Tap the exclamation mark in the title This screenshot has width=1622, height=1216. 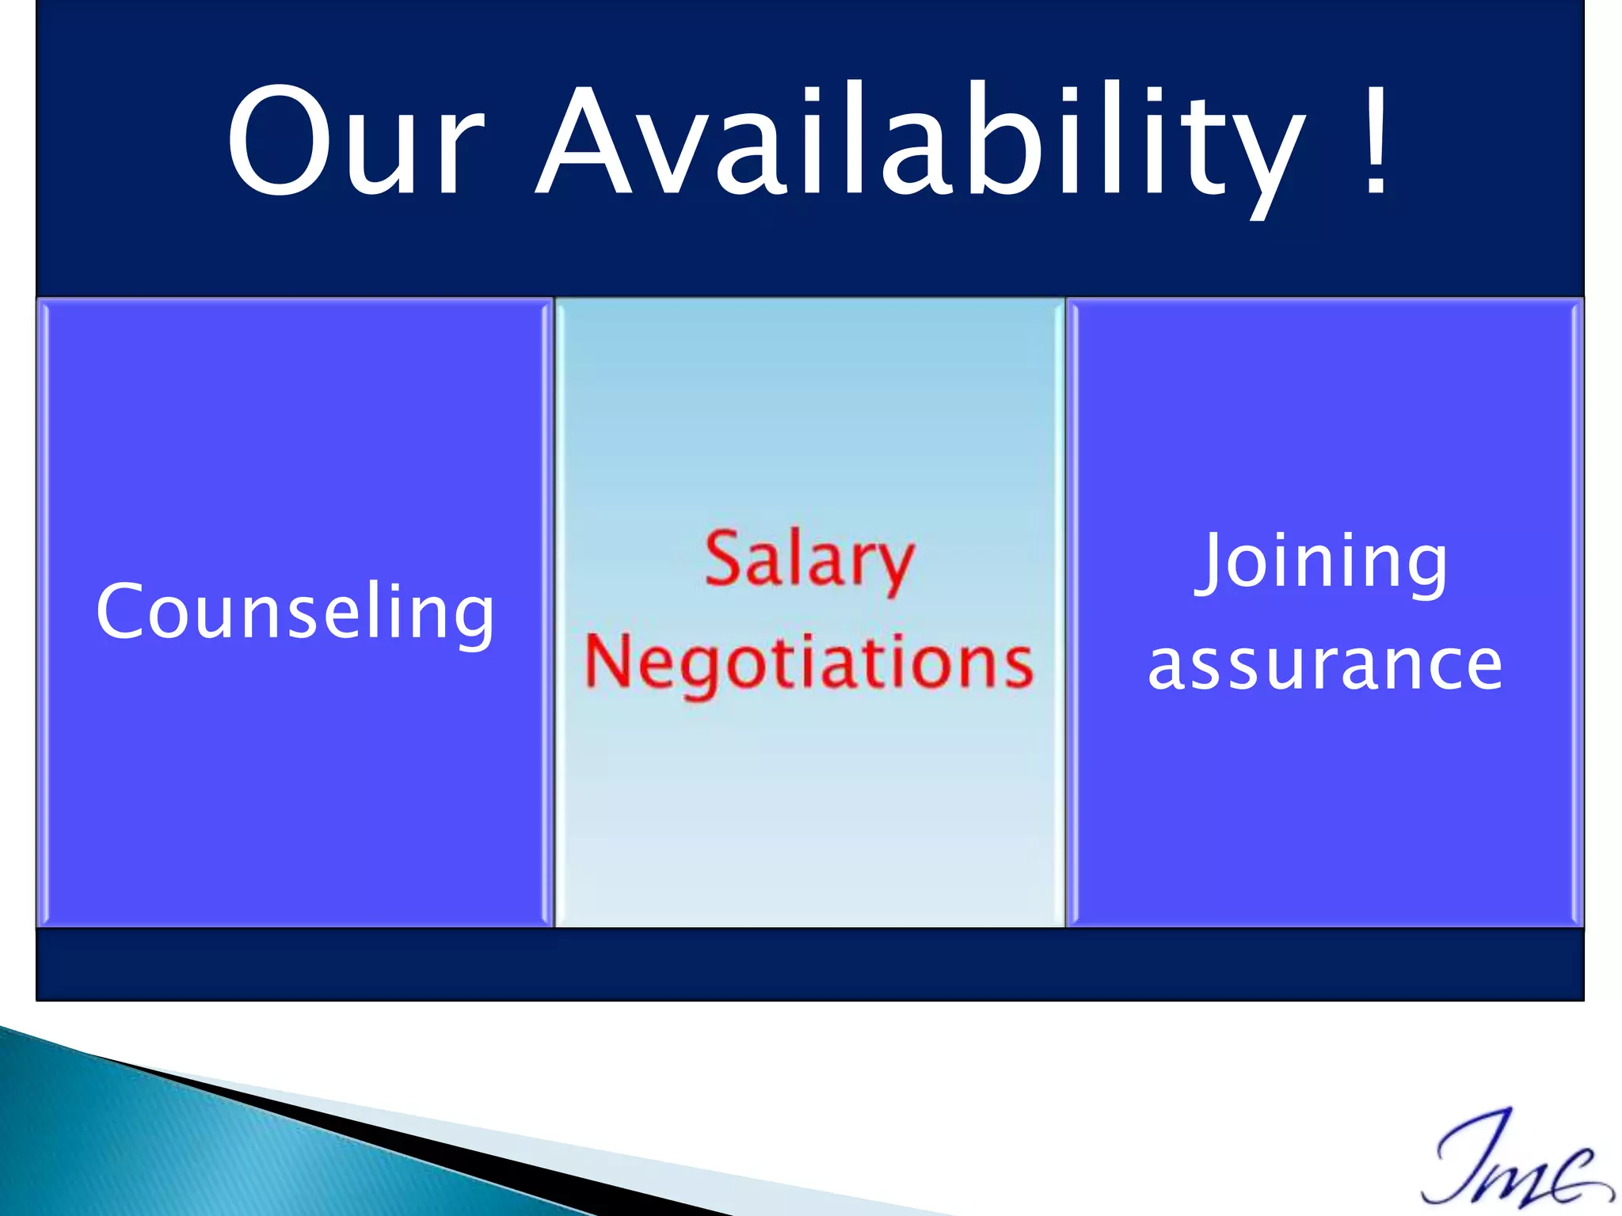(1376, 141)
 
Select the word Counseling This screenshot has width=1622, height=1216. (295, 612)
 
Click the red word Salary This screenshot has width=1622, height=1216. (809, 560)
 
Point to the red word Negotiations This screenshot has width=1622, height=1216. (809, 663)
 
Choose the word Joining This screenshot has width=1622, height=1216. (1323, 562)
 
